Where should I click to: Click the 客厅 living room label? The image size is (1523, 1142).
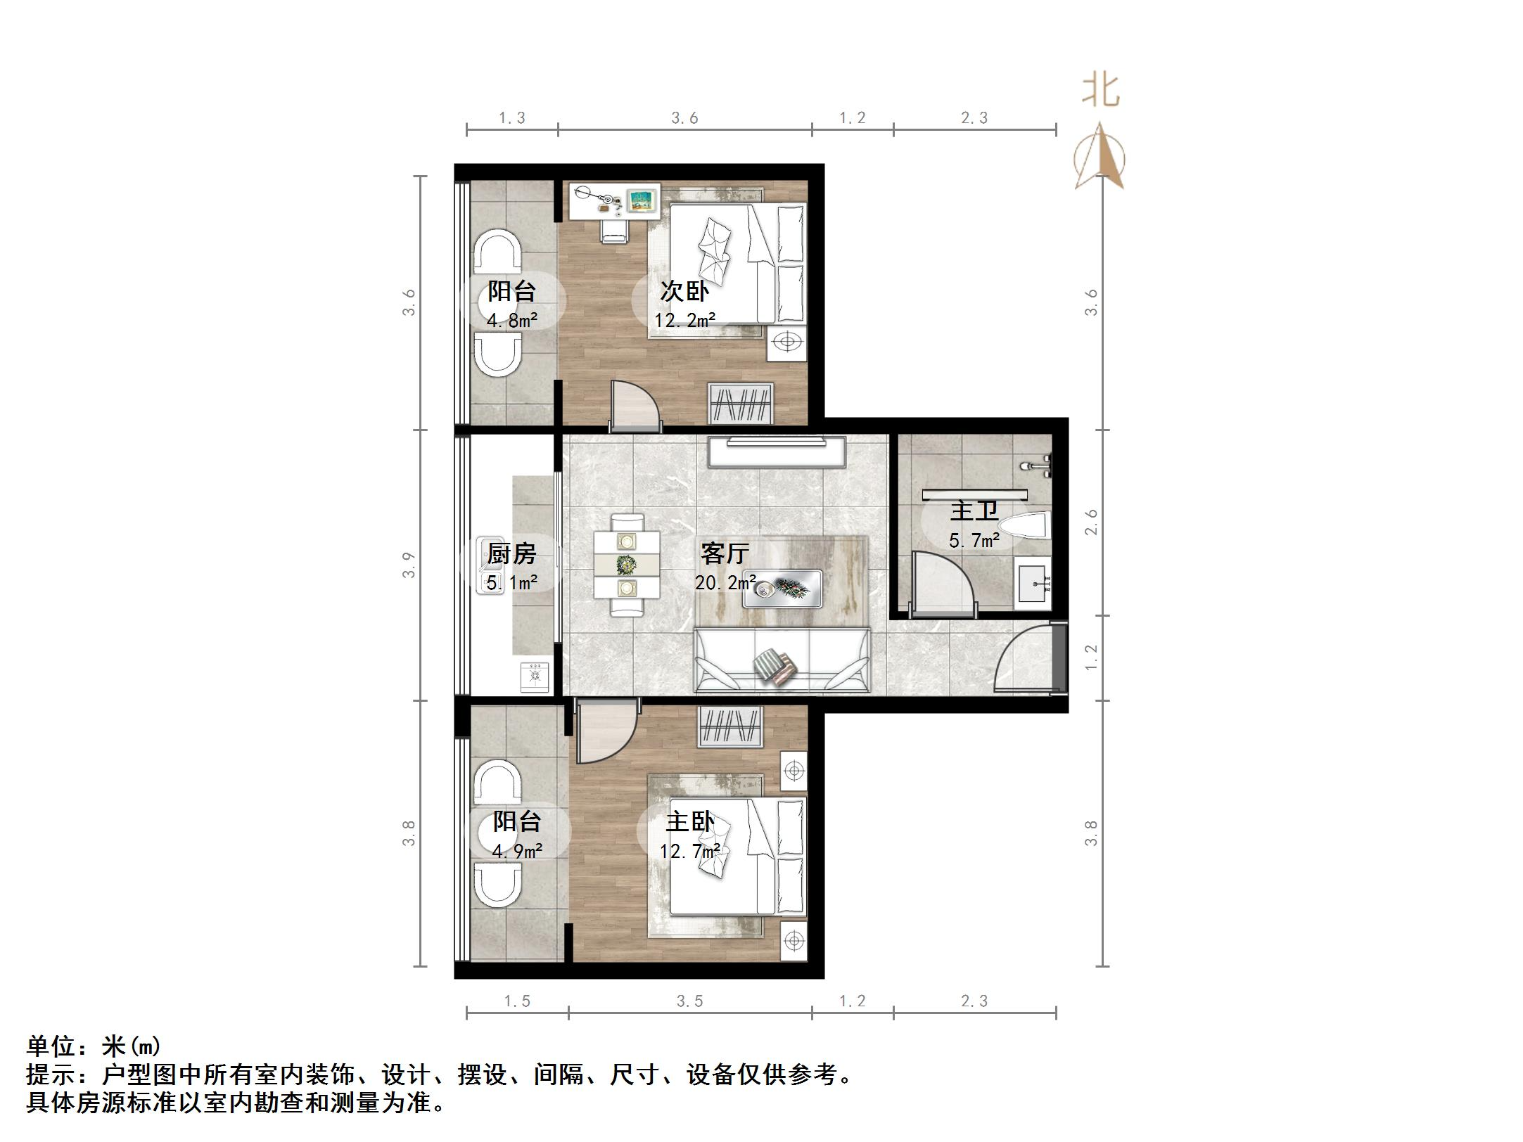click(x=724, y=553)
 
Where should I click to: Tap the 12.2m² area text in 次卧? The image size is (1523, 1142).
click(x=684, y=321)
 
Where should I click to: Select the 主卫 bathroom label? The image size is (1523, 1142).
click(x=974, y=511)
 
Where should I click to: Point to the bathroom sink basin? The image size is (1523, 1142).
click(x=1032, y=583)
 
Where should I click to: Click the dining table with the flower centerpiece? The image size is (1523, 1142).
click(x=626, y=564)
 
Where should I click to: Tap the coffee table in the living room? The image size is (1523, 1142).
click(x=783, y=588)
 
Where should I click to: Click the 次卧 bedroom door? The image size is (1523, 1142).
click(x=632, y=406)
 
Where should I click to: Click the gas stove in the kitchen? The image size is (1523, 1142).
click(x=535, y=676)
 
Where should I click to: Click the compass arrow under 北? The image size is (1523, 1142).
click(x=1100, y=158)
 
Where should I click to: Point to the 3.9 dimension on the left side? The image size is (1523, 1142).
click(x=409, y=565)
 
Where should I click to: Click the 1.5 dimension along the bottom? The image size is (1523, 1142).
click(x=517, y=1001)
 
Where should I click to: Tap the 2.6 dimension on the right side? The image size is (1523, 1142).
click(x=1091, y=522)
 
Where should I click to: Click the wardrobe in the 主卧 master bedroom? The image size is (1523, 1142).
click(x=729, y=727)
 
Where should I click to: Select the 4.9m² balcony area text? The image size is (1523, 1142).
click(x=517, y=852)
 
